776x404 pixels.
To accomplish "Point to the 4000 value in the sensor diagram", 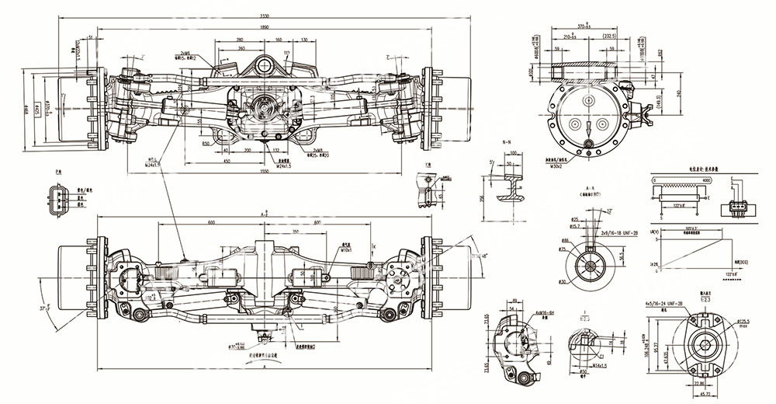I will [705, 180].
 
